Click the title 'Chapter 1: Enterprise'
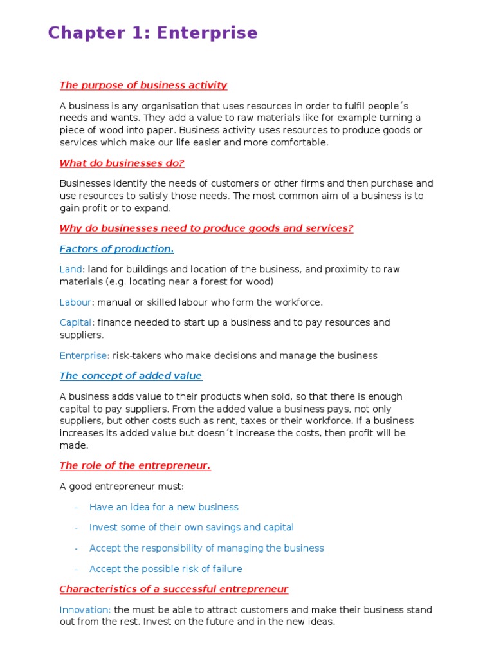click(x=152, y=33)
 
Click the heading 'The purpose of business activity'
click(x=143, y=85)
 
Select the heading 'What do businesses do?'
click(x=122, y=163)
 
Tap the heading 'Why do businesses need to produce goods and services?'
click(x=206, y=228)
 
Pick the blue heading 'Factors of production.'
click(x=116, y=249)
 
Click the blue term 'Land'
click(x=71, y=270)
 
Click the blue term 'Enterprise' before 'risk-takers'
click(x=83, y=356)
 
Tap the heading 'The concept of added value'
click(x=131, y=376)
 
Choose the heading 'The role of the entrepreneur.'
click(x=135, y=466)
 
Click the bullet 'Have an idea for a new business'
click(x=163, y=507)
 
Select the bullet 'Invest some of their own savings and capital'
click(x=191, y=528)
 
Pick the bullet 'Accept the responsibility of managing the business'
click(x=206, y=548)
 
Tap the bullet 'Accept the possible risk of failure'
click(x=165, y=569)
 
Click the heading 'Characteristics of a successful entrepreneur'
click(x=174, y=589)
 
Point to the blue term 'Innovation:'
click(x=85, y=609)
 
